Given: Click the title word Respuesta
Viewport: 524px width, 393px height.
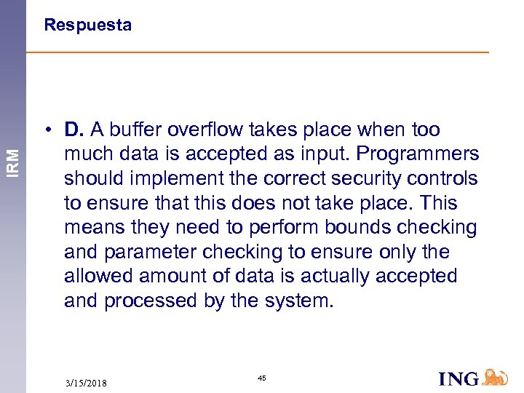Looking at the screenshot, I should pyautogui.click(x=87, y=25).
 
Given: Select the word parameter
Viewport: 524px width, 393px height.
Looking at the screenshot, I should pyautogui.click(x=152, y=253).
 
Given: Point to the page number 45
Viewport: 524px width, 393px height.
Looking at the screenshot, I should pyautogui.click(x=263, y=377).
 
